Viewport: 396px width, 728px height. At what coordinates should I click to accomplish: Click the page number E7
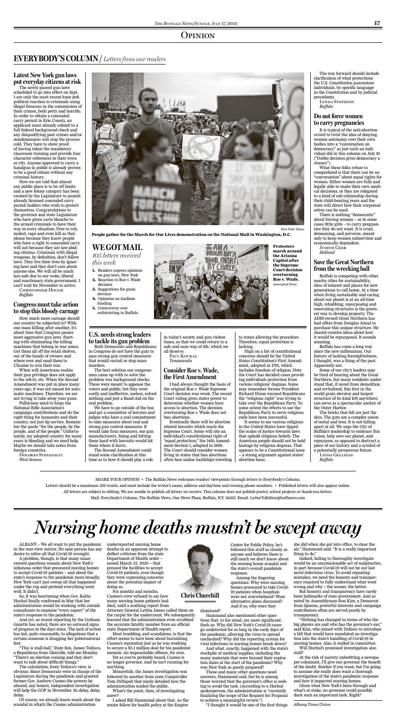pyautogui.click(x=377, y=23)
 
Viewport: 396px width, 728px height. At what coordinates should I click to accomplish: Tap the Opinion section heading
pyautogui.click(x=198, y=36)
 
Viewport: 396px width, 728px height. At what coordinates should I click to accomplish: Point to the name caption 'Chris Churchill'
pyautogui.click(x=200, y=595)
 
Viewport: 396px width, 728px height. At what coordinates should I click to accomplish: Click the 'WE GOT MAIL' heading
pyautogui.click(x=117, y=247)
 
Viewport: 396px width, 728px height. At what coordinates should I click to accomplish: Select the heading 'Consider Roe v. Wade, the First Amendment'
pyautogui.click(x=190, y=374)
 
